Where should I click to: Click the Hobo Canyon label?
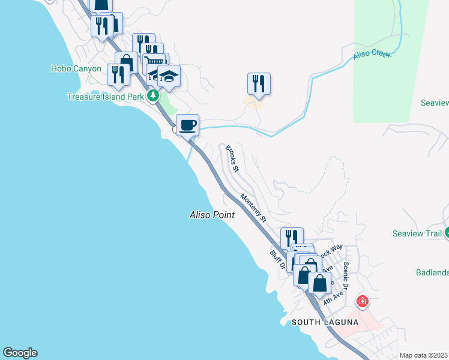point(76,69)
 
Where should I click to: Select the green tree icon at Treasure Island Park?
point(154,95)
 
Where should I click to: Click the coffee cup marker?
point(188,125)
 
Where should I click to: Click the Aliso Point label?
point(211,214)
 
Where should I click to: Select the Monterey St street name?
point(253,208)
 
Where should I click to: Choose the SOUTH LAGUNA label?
point(325,322)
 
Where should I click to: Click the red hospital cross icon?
point(362,301)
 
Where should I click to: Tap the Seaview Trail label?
point(417,233)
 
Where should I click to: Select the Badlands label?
point(432,272)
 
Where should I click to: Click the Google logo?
point(20,353)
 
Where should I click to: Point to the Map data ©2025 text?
point(423,355)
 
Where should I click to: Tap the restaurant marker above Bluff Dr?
point(291,238)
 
